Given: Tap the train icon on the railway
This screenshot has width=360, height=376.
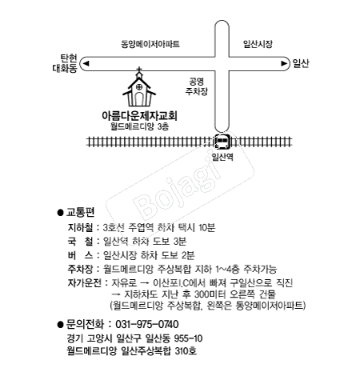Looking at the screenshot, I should pos(222,141).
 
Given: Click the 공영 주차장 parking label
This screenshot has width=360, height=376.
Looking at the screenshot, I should pos(196,86).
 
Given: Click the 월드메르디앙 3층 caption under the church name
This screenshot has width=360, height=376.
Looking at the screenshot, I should pos(140,127).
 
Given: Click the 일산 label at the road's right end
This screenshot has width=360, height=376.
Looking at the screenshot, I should pos(300,62).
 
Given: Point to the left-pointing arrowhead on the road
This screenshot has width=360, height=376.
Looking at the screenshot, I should pos(86,62).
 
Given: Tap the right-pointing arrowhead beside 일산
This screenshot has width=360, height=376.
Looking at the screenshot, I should pos(284,62).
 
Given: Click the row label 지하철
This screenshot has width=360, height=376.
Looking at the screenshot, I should pos(81,227).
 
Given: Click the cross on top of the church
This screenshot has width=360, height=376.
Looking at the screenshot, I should pos(140,73).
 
